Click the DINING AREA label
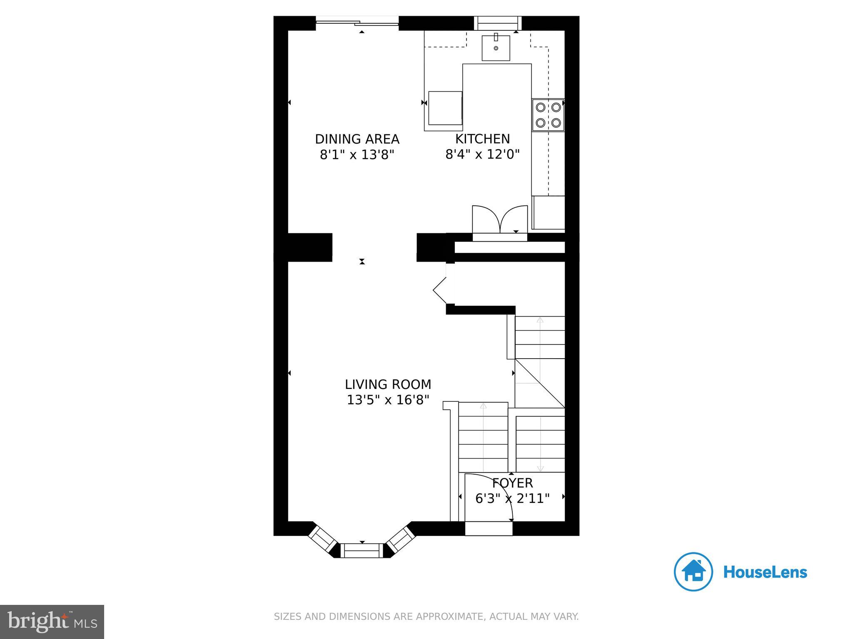point(357,139)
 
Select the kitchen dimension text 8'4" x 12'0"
point(482,155)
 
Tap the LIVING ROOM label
point(388,384)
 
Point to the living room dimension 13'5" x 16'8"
point(388,400)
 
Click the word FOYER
point(512,483)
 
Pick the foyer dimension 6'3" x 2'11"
point(512,498)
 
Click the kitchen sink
point(496,48)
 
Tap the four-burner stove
point(548,115)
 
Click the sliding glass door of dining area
point(357,23)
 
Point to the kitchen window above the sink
point(498,23)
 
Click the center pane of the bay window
point(362,551)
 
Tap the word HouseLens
point(765,572)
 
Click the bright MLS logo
point(52,622)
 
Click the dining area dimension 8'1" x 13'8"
point(357,155)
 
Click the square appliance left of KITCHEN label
point(445,108)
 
